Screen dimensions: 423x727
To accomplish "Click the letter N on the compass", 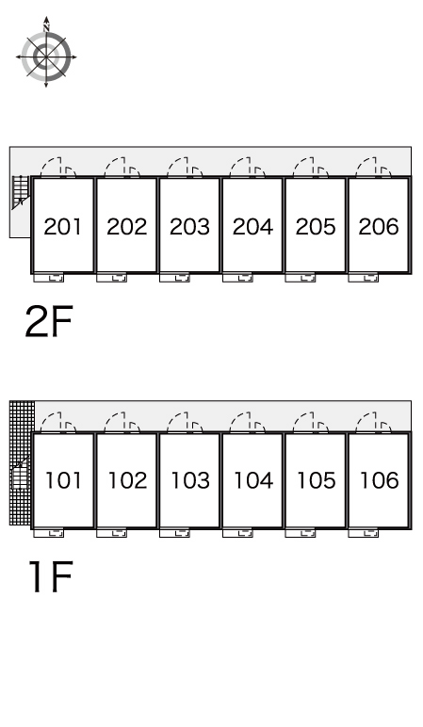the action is (46, 28).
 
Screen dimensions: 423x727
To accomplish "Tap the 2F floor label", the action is (49, 322).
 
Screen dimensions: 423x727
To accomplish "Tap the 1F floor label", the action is (51, 576).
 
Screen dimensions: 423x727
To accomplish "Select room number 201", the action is (62, 227).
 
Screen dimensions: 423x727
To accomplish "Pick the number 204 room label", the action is (252, 227).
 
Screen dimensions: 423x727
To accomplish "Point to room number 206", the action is (379, 227).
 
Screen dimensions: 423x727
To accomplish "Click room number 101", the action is (63, 480).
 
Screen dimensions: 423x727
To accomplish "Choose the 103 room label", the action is (190, 480).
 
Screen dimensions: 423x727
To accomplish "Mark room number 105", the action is (316, 480).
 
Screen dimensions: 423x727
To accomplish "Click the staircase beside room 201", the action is (21, 190).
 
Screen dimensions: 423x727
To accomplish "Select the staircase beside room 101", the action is (20, 473).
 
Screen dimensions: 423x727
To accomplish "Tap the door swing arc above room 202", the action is (114, 168).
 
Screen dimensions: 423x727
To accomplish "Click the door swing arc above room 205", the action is (302, 168).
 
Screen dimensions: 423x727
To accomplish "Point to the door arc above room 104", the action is (240, 422).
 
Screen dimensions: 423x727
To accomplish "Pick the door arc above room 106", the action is (366, 422).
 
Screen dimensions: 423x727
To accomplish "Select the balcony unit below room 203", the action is (174, 278).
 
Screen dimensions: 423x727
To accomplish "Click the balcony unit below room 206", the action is (363, 278).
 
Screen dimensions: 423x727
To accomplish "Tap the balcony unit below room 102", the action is (111, 533).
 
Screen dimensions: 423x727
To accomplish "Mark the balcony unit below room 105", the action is (301, 533).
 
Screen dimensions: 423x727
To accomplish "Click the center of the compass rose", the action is (46, 57).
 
